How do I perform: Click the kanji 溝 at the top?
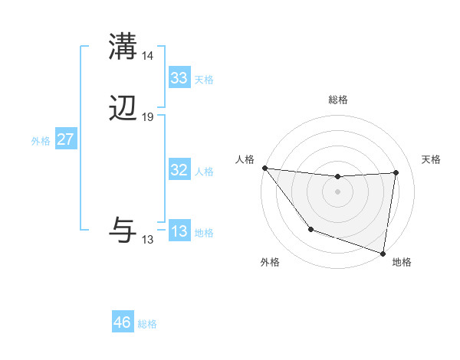coord(123,47)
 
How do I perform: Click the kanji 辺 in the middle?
coord(123,110)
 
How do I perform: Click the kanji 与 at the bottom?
coord(123,230)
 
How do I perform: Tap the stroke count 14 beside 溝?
coord(148,56)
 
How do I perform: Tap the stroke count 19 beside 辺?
coord(148,117)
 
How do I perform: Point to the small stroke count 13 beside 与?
coord(148,240)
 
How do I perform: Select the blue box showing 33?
coord(179,78)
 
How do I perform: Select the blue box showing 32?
coord(179,171)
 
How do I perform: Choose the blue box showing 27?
coord(65,140)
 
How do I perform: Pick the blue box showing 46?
coord(123,322)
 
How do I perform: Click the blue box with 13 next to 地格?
coord(179,232)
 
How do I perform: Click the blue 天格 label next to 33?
coord(204,80)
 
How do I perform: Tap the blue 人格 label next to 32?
coord(204,172)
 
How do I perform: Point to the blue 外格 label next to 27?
coord(41,141)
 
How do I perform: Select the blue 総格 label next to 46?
coord(147,324)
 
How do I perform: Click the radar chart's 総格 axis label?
coord(338,100)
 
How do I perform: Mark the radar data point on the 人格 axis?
coord(264,168)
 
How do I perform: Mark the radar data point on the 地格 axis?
coord(383,253)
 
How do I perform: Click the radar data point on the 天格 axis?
coord(396,172)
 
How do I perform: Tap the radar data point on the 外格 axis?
coord(310,229)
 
